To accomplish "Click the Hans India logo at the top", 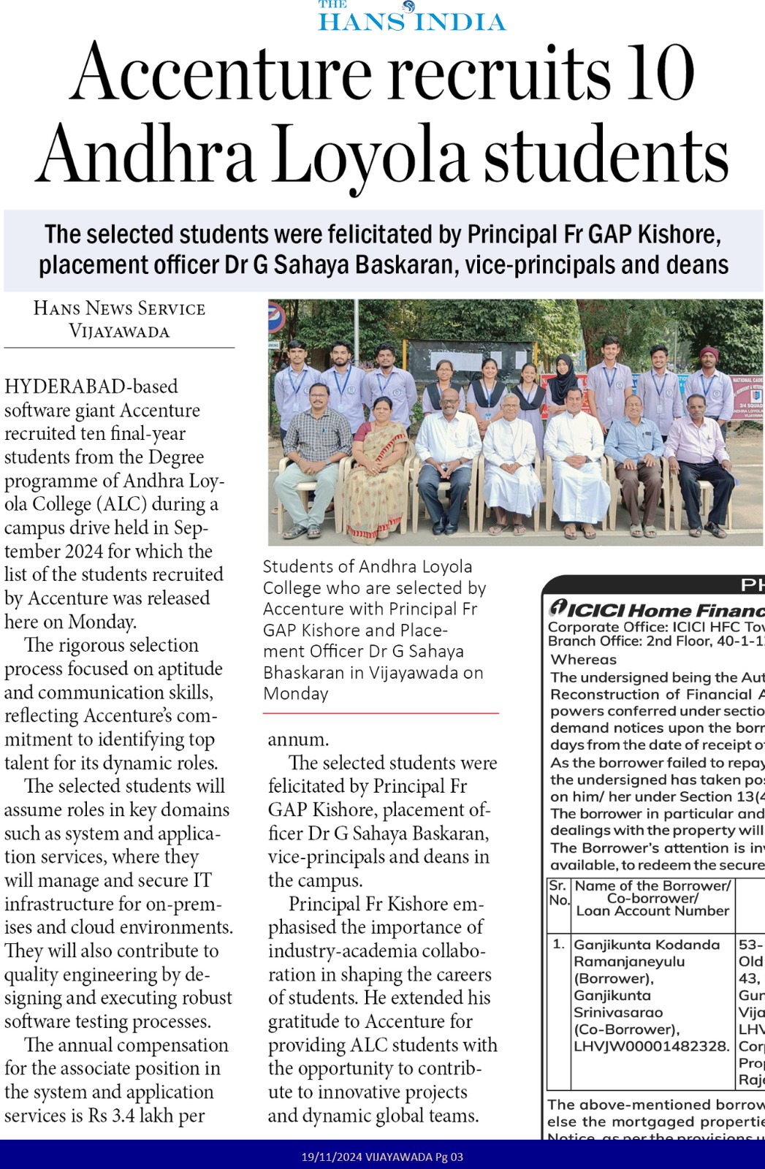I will click(412, 16).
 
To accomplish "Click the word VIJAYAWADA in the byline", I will click(119, 331).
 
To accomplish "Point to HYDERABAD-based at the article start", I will click(91, 387).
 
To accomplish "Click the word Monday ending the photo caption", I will click(296, 693).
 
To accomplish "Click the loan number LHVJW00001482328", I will click(652, 1046).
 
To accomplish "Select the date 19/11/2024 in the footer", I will click(331, 1157).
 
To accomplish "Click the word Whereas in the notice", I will click(584, 659).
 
